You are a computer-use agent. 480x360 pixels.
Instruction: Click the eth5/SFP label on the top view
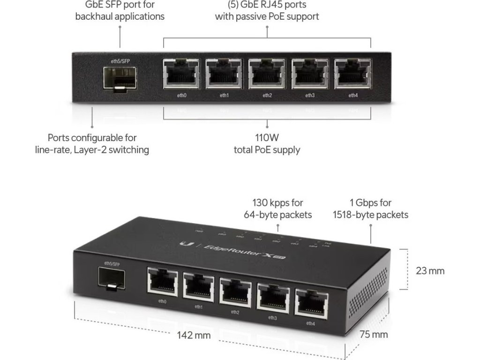[x=120, y=61]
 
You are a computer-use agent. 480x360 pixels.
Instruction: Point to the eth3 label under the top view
[x=310, y=96]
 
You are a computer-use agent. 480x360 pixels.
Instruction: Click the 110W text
[x=267, y=138]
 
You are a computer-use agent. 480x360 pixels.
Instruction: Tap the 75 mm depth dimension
[x=374, y=334]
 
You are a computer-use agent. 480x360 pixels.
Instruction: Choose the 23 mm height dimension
[x=430, y=270]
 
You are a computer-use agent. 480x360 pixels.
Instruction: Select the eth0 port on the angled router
[x=162, y=281]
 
